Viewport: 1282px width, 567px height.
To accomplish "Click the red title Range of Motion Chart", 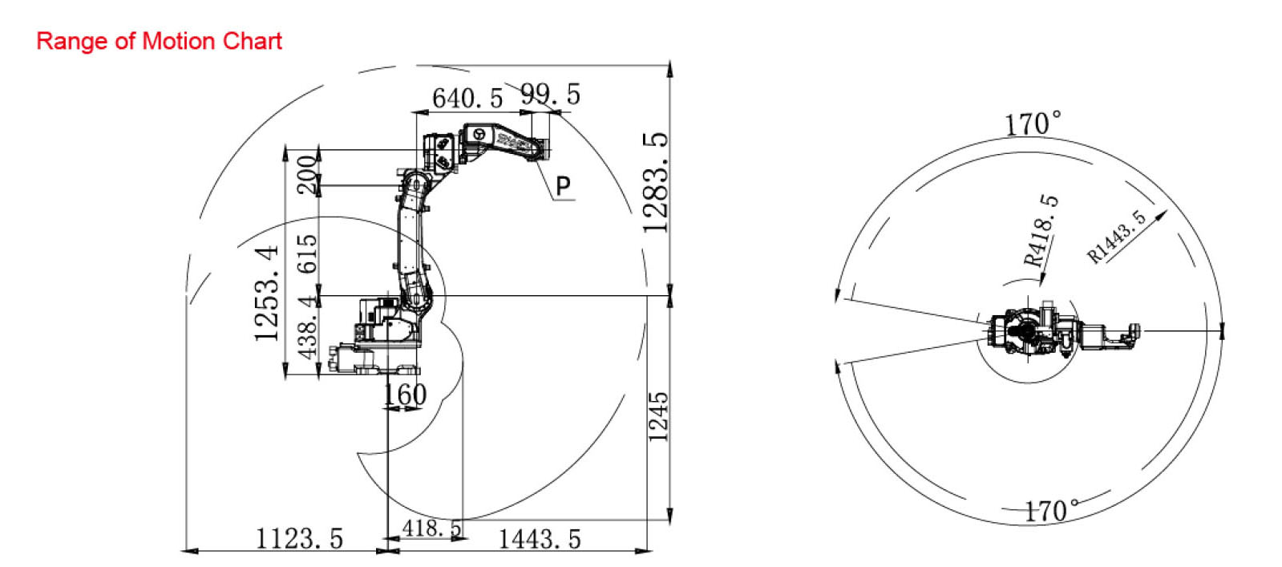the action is point(159,41).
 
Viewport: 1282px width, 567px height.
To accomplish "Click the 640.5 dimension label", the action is point(467,98).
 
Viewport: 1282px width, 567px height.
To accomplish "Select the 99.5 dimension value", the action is point(551,94).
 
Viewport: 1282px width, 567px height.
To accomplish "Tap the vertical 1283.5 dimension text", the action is point(655,183).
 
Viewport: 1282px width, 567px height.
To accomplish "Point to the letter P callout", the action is point(563,185).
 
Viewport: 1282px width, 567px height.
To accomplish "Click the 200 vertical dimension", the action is point(307,175).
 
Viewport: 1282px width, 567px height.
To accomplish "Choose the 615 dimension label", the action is point(307,253).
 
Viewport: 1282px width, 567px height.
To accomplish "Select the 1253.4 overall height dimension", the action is point(267,294).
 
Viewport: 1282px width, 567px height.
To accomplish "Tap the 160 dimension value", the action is point(405,395).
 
